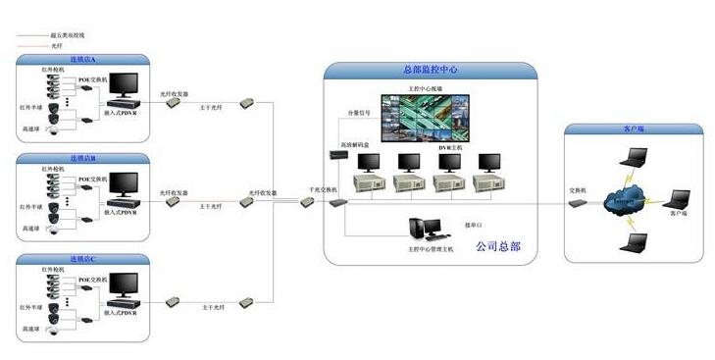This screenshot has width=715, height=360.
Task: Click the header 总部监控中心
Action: click(x=431, y=71)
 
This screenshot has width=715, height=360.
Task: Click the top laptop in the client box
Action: click(x=637, y=156)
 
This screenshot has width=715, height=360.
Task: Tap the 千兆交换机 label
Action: click(x=323, y=187)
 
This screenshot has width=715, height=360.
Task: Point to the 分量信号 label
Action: click(x=360, y=113)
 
